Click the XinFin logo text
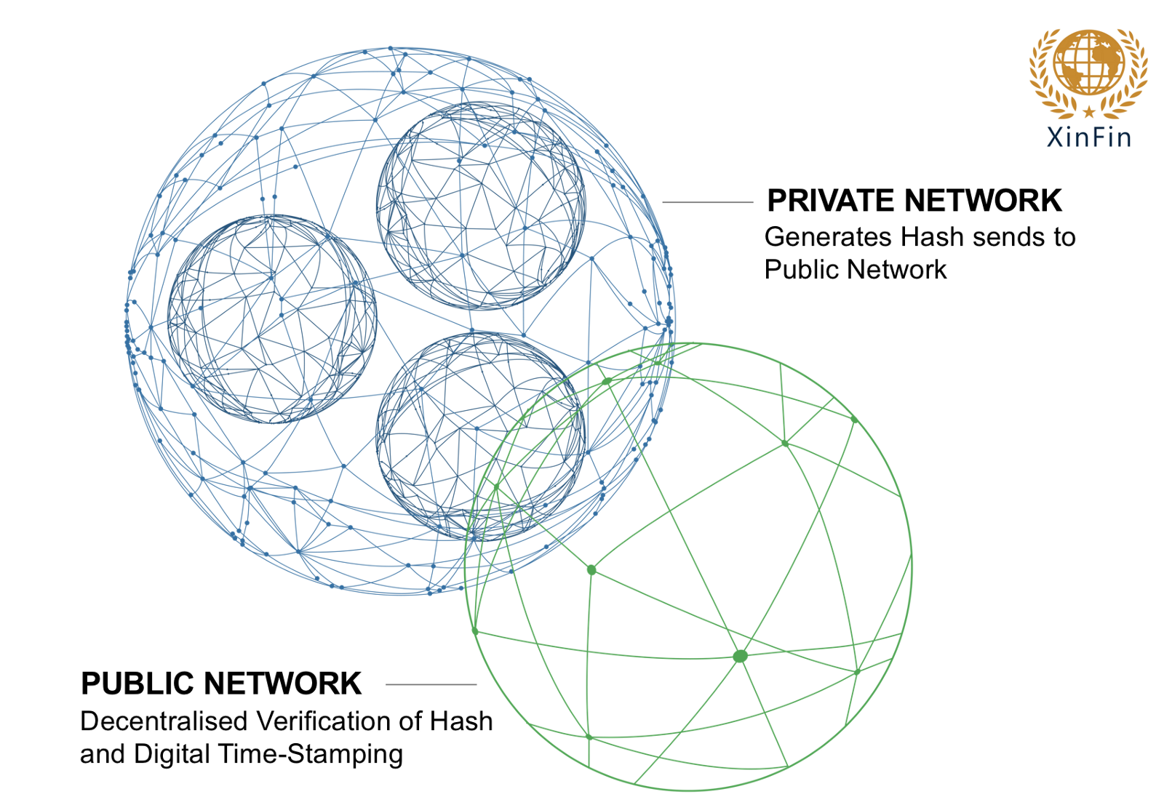pos(1088,137)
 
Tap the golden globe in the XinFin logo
pos(1088,63)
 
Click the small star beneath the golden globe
pos(1088,112)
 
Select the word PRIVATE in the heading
pos(832,201)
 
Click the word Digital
pos(172,754)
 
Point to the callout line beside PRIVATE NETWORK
pos(707,202)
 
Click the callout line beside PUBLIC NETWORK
pos(431,684)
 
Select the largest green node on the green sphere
pos(740,657)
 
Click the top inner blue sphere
pos(481,206)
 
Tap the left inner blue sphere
pos(272,319)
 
